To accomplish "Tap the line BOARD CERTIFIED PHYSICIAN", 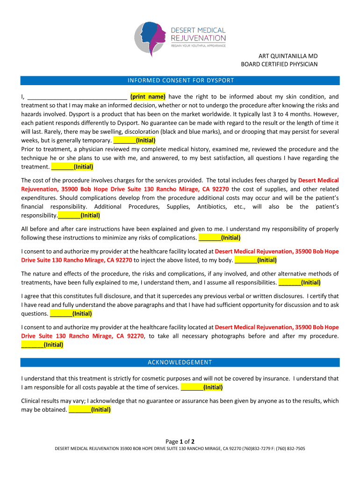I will pos(279,64).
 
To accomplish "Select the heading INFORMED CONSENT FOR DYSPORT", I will pos(180,80).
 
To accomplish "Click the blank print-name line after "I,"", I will pos(77,97).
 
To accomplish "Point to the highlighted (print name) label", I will pos(148,97).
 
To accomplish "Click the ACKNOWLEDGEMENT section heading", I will pos(180,363).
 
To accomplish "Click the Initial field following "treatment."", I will pos(72,167).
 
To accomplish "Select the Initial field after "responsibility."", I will pos(79,216).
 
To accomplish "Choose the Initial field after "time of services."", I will pos(202,387).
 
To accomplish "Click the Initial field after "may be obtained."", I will pos(89,410).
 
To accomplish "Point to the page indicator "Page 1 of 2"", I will pos(180,442).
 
